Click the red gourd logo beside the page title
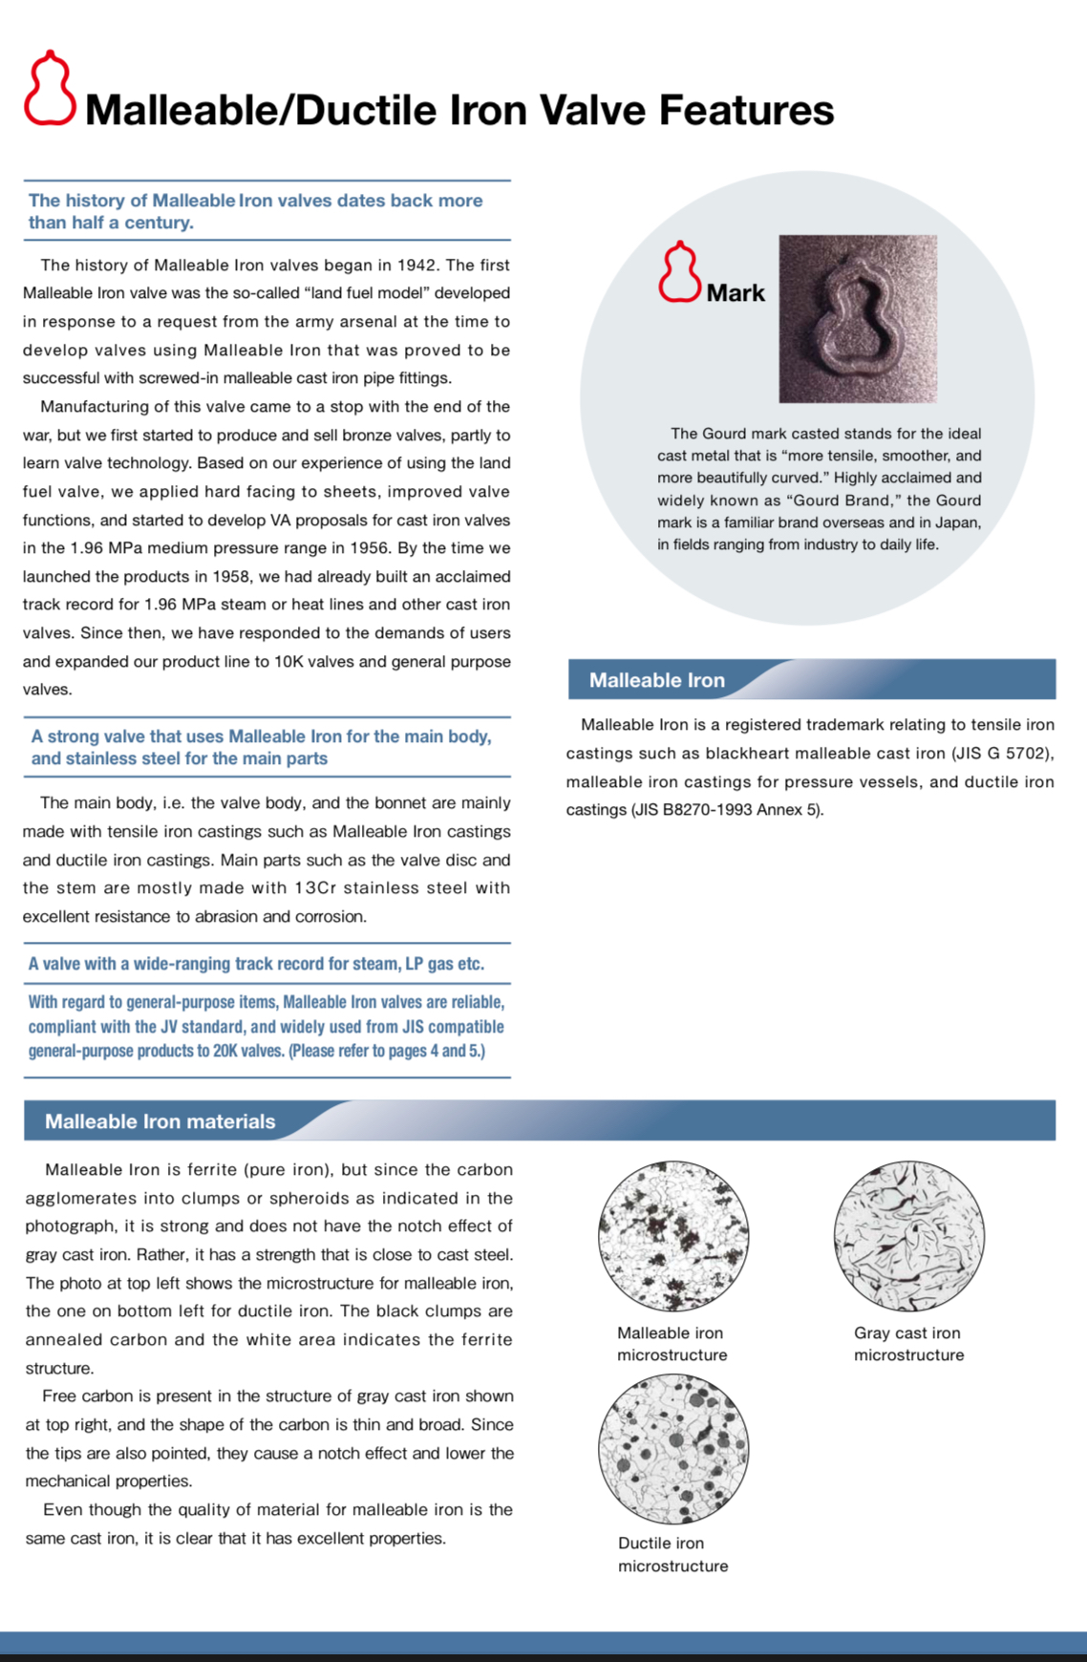click(x=50, y=89)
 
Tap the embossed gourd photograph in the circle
click(x=857, y=318)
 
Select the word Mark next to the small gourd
click(x=735, y=293)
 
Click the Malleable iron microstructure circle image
click(x=673, y=1236)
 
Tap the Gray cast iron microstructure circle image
click(x=908, y=1236)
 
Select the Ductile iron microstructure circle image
click(x=673, y=1448)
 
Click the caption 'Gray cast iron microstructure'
click(x=908, y=1344)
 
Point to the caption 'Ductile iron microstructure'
click(x=672, y=1554)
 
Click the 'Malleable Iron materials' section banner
click(x=160, y=1121)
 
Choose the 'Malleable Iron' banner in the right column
click(x=657, y=680)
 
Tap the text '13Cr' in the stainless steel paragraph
click(x=315, y=888)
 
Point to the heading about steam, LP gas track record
click(x=256, y=964)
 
